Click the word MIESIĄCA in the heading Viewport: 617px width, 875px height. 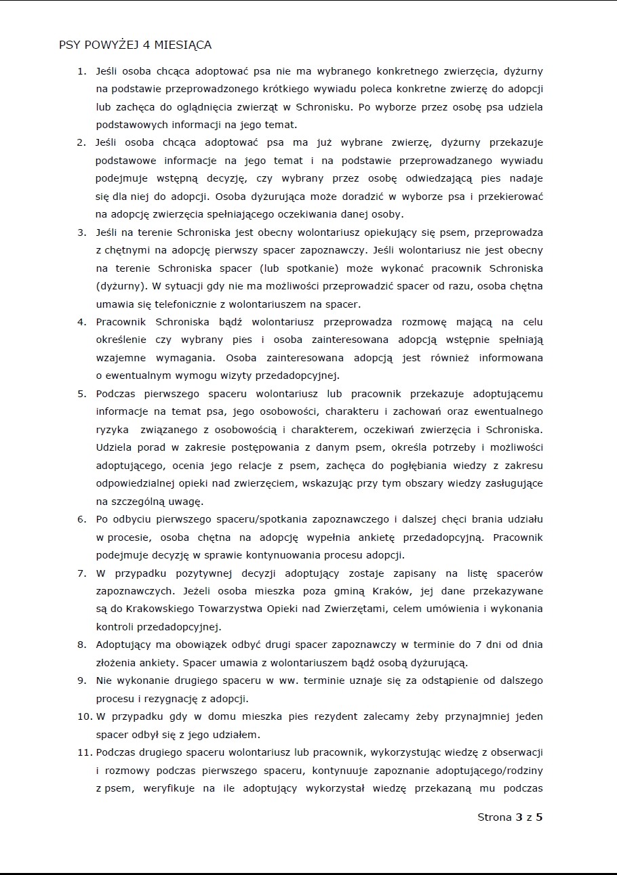183,45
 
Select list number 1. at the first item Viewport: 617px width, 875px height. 82,71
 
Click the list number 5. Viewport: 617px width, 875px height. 82,394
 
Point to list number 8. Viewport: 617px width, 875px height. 82,645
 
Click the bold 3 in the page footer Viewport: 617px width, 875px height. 519,817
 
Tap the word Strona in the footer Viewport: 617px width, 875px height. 494,817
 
